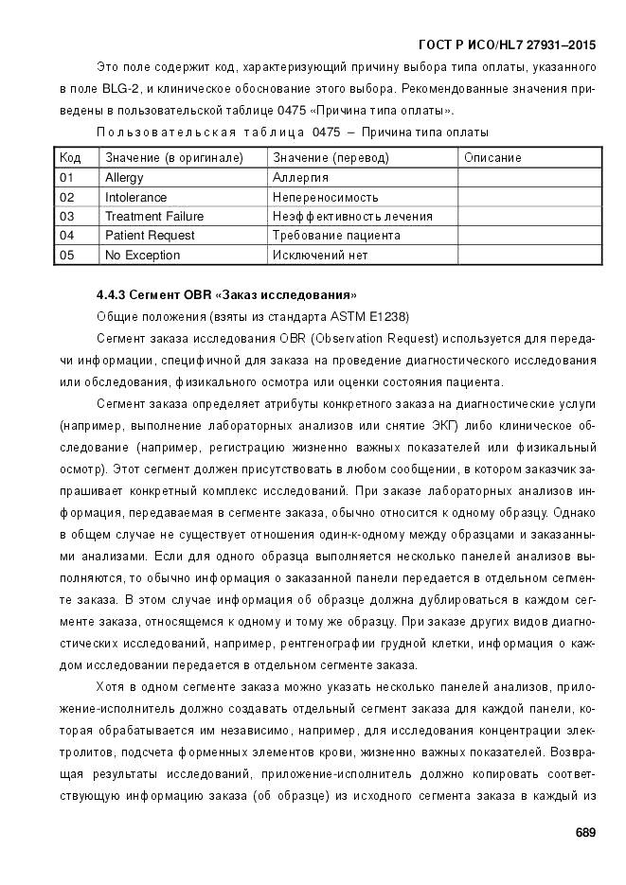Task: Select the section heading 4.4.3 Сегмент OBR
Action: [226, 294]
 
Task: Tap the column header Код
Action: [70, 157]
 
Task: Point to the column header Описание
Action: [492, 157]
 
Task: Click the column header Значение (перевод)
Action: [331, 157]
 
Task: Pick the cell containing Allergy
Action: [124, 177]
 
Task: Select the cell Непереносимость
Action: [325, 197]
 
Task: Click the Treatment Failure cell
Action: [154, 216]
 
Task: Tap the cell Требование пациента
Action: [336, 235]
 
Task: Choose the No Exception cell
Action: [142, 255]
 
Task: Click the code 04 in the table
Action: [66, 235]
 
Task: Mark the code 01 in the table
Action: [66, 177]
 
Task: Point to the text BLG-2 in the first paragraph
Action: [134, 88]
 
